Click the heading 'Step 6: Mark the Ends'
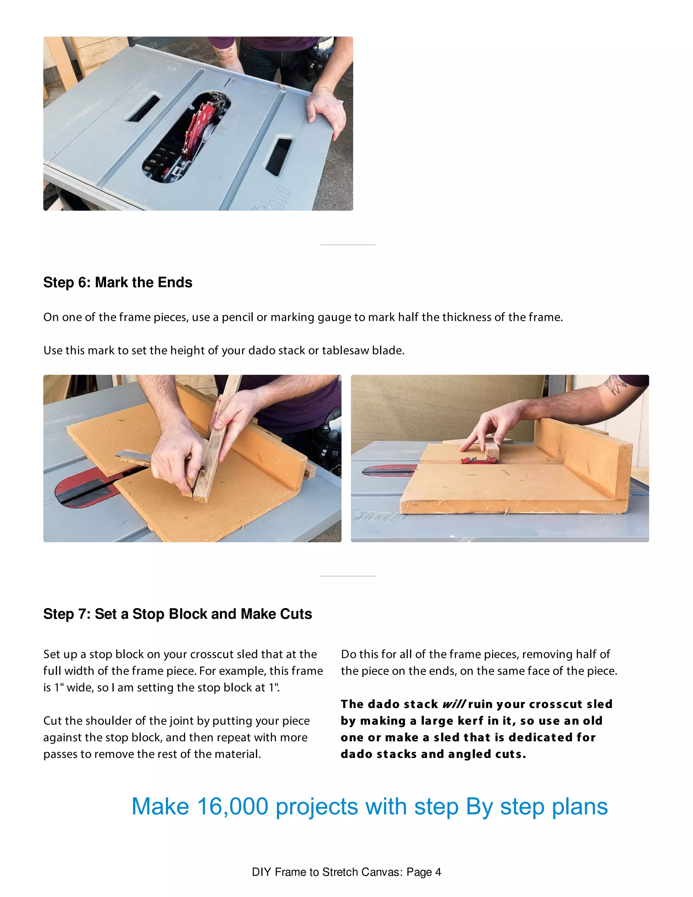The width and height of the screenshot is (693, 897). (x=117, y=283)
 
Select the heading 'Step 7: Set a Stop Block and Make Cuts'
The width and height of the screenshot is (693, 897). (x=177, y=614)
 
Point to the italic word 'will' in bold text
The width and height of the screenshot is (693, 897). (x=454, y=704)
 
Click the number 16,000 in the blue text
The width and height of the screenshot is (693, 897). (x=232, y=806)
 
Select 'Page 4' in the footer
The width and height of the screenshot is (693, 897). (x=424, y=872)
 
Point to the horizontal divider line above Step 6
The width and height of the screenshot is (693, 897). (x=348, y=245)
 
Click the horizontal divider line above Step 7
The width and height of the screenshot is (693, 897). (x=348, y=576)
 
